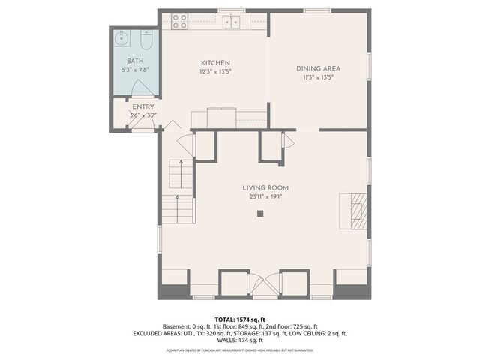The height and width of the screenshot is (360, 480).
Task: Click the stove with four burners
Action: [x=180, y=21]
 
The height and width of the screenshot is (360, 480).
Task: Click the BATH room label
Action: [x=134, y=61]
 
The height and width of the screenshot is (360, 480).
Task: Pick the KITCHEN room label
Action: [x=214, y=62]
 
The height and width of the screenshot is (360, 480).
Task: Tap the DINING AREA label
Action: [x=317, y=67]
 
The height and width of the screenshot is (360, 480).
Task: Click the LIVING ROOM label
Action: [x=265, y=187]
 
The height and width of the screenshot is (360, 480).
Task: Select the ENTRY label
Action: [x=143, y=106]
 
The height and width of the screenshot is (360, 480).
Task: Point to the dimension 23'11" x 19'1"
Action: [x=265, y=197]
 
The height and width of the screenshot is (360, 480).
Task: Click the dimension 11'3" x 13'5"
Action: [x=317, y=76]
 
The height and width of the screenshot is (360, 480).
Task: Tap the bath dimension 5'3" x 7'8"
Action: [x=135, y=70]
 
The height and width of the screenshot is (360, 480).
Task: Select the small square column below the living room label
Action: [x=260, y=214]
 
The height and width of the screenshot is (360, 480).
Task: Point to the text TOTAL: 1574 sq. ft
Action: [x=240, y=319]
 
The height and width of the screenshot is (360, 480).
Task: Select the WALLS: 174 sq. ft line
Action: [x=240, y=340]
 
